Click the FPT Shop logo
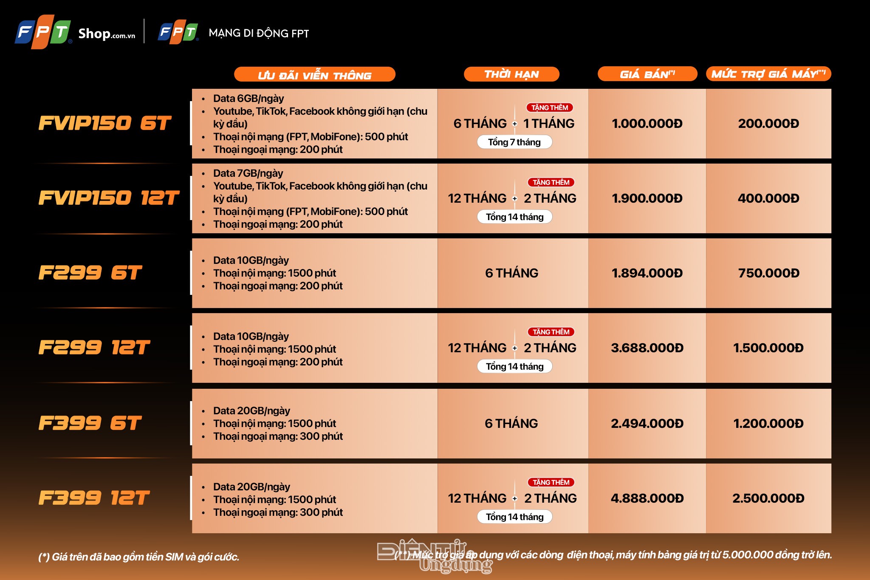coord(75,32)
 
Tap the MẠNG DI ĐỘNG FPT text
coord(259,33)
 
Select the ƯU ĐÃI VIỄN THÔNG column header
coord(314,74)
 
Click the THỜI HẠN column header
coord(511,74)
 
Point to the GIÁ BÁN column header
coord(647,74)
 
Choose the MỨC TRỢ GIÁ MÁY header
coord(768,74)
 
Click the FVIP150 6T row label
coord(105,123)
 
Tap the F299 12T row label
coord(94,348)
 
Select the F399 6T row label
coord(90,423)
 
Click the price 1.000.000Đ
coord(647,124)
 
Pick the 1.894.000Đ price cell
coord(647,273)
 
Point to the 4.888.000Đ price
coord(647,498)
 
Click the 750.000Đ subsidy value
coord(768,273)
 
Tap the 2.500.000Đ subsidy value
coord(768,498)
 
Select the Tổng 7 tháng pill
coord(514,142)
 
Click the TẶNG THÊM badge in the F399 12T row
coord(551,482)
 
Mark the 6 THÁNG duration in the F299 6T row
coord(511,273)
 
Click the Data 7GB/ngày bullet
coord(248,173)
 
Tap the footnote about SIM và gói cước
coord(139,557)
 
